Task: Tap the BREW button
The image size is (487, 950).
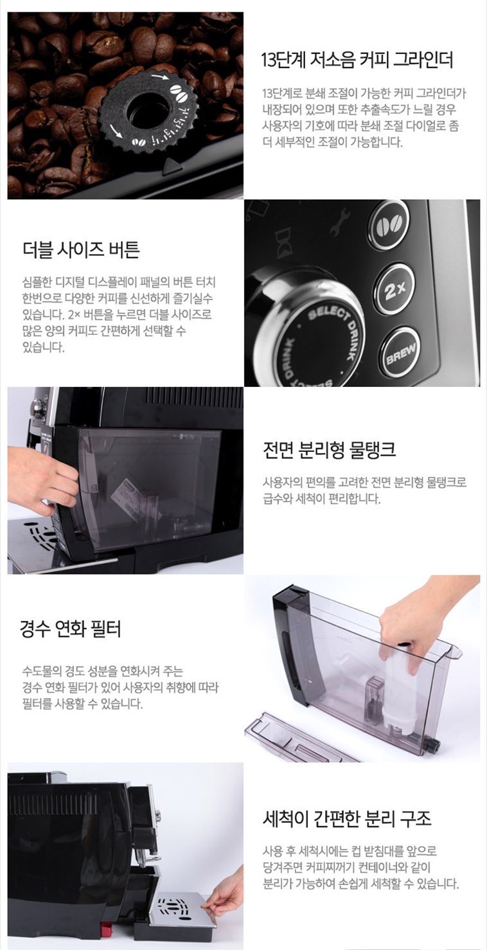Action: click(x=400, y=352)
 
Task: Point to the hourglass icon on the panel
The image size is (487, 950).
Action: click(x=282, y=244)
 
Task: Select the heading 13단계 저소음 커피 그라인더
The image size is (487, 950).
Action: click(x=357, y=60)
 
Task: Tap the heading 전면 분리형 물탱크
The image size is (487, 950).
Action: click(x=330, y=450)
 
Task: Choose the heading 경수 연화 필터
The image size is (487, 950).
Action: click(x=71, y=629)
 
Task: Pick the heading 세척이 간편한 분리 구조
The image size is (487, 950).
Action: click(x=347, y=819)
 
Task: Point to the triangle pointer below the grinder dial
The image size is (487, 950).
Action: click(x=171, y=165)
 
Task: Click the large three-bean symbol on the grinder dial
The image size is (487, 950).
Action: click(x=178, y=93)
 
